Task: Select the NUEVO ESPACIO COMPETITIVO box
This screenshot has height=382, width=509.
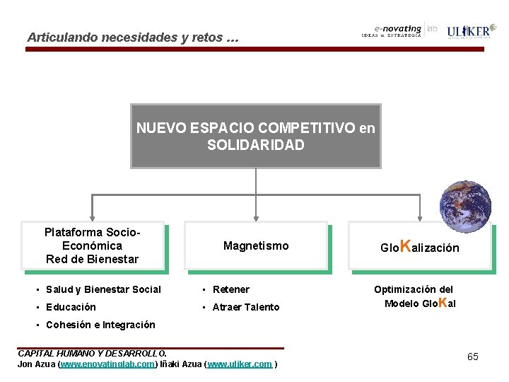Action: click(255, 136)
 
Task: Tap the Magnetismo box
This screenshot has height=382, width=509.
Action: click(256, 245)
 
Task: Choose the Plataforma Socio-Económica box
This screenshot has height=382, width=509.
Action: click(93, 245)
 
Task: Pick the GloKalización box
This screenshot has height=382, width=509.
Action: click(419, 247)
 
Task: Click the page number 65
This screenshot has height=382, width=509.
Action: click(472, 357)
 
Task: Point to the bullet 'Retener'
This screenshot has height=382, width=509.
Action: click(230, 289)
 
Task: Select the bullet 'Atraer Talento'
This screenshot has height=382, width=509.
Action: click(245, 307)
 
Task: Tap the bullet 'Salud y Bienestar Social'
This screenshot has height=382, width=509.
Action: click(103, 289)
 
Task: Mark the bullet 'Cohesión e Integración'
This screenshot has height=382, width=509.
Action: click(100, 325)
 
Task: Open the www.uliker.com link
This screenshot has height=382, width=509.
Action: click(240, 364)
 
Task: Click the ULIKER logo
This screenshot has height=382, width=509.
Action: click(467, 31)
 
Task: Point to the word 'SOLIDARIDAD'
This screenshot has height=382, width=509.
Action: click(255, 145)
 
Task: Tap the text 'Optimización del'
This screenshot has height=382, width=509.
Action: click(414, 289)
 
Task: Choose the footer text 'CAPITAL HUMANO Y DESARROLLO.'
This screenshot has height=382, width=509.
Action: click(92, 353)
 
